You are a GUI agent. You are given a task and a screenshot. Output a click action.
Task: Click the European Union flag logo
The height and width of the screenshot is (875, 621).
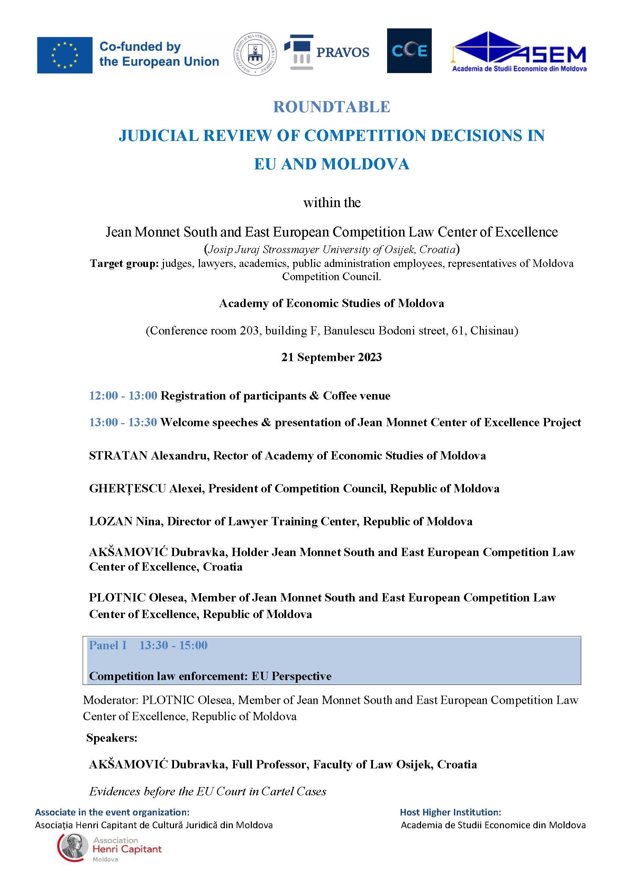[x=65, y=55]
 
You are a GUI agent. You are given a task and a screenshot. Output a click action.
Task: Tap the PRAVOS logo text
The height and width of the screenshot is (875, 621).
[x=343, y=52]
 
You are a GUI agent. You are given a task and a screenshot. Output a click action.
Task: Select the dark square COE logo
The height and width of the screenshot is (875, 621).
[x=409, y=51]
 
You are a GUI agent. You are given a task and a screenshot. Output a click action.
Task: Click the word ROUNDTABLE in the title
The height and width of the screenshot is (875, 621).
[x=331, y=107]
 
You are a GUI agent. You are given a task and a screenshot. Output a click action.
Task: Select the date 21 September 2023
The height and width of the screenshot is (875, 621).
[x=331, y=357]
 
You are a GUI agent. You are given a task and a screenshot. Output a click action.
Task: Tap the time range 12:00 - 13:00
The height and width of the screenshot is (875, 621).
[x=123, y=395]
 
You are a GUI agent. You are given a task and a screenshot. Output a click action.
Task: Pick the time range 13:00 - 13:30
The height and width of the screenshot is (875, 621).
[x=123, y=422]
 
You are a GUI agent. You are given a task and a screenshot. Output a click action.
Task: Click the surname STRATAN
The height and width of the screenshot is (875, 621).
[x=118, y=455]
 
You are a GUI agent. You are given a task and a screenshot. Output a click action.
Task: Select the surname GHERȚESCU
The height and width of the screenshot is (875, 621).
[x=127, y=489]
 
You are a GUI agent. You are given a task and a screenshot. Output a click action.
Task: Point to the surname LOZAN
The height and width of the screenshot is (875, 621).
[x=110, y=521]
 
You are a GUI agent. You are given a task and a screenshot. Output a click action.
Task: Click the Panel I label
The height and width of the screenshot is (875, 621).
[x=108, y=645]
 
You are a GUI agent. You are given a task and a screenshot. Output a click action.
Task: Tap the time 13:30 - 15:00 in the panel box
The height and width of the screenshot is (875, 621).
[x=173, y=645]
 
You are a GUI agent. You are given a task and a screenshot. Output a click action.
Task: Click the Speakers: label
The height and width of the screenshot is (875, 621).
[x=112, y=738]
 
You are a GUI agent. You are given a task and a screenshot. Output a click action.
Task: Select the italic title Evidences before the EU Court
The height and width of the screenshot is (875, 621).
[x=208, y=791]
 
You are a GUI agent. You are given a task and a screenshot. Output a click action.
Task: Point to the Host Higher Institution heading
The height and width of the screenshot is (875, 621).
[x=450, y=812]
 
